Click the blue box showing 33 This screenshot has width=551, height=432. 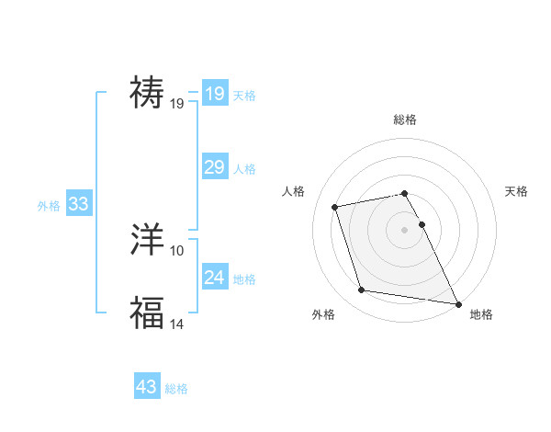[78, 204]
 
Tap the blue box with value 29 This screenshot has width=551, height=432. [214, 167]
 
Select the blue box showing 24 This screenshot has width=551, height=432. [214, 278]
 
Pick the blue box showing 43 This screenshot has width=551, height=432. [147, 387]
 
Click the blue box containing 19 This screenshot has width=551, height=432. [214, 94]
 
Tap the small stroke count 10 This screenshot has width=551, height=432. [177, 251]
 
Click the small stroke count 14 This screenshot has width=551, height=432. [177, 323]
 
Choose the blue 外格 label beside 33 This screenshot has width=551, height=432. [49, 206]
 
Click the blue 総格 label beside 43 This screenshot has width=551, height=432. [176, 389]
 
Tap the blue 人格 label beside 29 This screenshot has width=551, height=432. [244, 169]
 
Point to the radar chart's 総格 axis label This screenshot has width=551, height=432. [405, 119]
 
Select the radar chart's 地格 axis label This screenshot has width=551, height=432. [481, 314]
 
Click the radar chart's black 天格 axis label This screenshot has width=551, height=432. [517, 191]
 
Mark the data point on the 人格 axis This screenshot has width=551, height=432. [335, 206]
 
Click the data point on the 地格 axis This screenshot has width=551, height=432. [457, 303]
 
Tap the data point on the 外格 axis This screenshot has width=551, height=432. [362, 290]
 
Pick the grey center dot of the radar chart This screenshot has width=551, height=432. [405, 229]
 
